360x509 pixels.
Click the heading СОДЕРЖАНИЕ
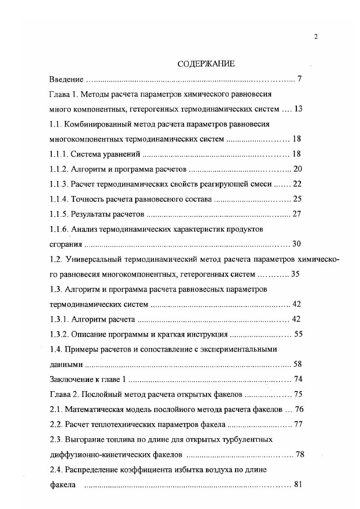pyautogui.click(x=206, y=64)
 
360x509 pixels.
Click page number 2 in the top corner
pyautogui.click(x=316, y=37)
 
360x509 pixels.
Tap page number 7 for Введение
pyautogui.click(x=300, y=79)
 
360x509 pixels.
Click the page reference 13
pyautogui.click(x=298, y=109)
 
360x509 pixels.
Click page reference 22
pyautogui.click(x=297, y=184)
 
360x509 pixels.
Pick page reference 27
pyautogui.click(x=297, y=214)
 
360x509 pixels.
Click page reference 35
pyautogui.click(x=295, y=274)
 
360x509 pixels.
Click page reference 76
pyautogui.click(x=299, y=409)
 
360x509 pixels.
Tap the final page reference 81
pyautogui.click(x=298, y=484)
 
